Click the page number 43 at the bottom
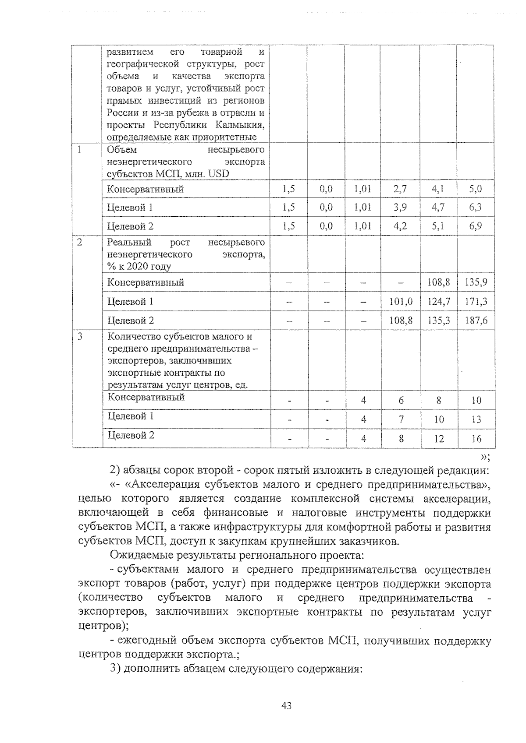coord(287,705)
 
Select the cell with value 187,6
coord(476,320)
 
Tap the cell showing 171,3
coord(476,301)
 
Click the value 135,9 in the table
coord(476,282)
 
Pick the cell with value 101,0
coord(401,301)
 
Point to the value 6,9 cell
coord(476,226)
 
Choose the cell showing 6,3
coord(476,207)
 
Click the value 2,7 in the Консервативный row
coord(400,189)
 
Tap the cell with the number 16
coord(476,439)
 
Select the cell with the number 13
coord(476,419)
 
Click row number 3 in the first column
coord(79,337)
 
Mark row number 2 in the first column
coord(79,242)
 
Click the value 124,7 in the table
coord(439,301)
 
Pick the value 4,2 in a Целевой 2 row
coord(400,226)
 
